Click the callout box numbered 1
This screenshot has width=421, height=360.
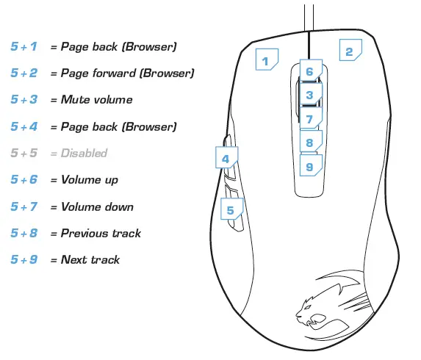pos(267,60)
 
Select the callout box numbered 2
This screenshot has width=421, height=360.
pos(349,51)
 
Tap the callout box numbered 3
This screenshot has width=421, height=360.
pos(309,95)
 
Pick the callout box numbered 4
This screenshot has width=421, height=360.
pos(226,158)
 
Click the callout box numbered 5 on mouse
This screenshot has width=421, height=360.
pos(231,210)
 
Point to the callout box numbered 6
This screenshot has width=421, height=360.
pos(309,71)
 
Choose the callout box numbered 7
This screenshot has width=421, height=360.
pos(309,119)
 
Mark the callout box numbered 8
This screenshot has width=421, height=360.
pos(309,143)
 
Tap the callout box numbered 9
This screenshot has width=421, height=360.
pos(309,167)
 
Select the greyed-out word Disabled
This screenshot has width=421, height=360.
pos(84,153)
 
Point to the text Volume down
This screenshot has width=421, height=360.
pos(97,206)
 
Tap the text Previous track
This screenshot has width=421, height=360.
pos(101,233)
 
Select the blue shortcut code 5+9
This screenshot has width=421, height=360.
pos(24,259)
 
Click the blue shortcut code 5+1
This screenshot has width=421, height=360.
pos(24,46)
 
